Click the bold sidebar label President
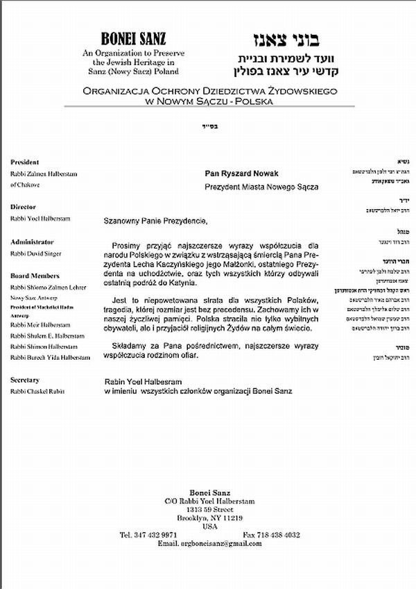[x=24, y=161]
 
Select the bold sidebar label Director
[x=23, y=207]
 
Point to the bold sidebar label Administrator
[x=32, y=241]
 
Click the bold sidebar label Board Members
[x=35, y=276]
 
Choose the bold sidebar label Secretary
[x=25, y=380]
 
